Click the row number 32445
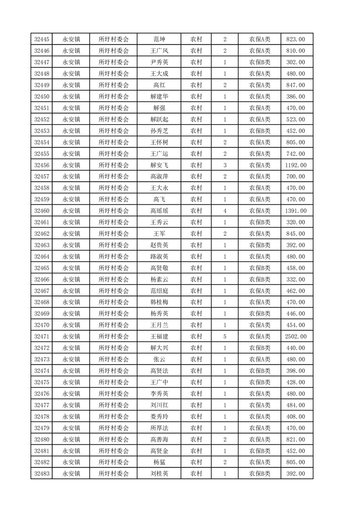point(42,39)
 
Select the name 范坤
point(159,39)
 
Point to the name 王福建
point(159,337)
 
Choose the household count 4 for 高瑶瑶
point(225,211)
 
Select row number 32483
point(42,474)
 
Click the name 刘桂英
point(159,474)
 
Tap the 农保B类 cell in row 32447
point(260,62)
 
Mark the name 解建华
point(159,97)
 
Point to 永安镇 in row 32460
point(71,211)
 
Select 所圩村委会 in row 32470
point(114,325)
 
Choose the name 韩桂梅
point(159,302)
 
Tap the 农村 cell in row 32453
point(196,131)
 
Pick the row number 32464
point(42,257)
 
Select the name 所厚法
point(159,428)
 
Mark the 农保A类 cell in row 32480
point(260,439)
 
